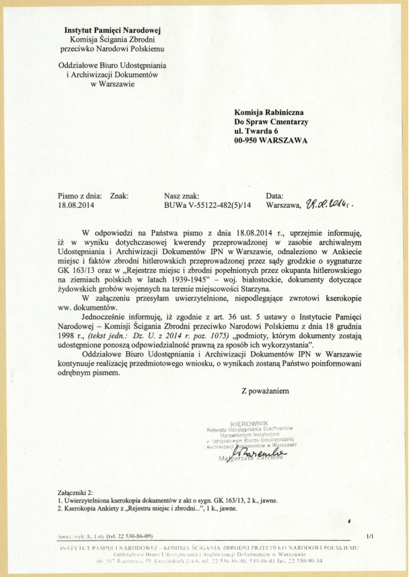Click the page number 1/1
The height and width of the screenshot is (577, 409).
click(x=369, y=535)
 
